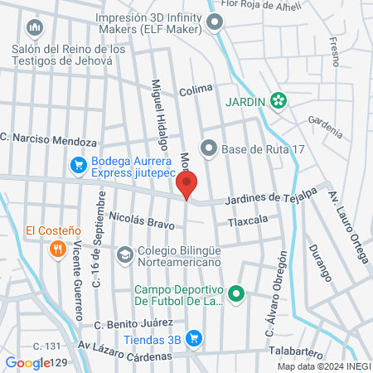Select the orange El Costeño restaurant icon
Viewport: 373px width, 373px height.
pyautogui.click(x=57, y=247)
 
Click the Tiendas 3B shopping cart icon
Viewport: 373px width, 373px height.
pyautogui.click(x=193, y=337)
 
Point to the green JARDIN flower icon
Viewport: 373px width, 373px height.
pyautogui.click(x=279, y=101)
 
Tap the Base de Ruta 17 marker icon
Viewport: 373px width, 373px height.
pyautogui.click(x=208, y=149)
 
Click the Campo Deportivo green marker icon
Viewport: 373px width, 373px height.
pyautogui.click(x=236, y=293)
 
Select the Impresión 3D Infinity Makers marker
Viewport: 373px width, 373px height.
pyautogui.click(x=215, y=23)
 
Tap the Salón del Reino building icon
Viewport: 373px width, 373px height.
pyautogui.click(x=34, y=29)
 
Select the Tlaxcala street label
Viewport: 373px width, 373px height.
pyautogui.click(x=249, y=220)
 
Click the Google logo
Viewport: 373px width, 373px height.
pyautogui.click(x=27, y=362)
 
